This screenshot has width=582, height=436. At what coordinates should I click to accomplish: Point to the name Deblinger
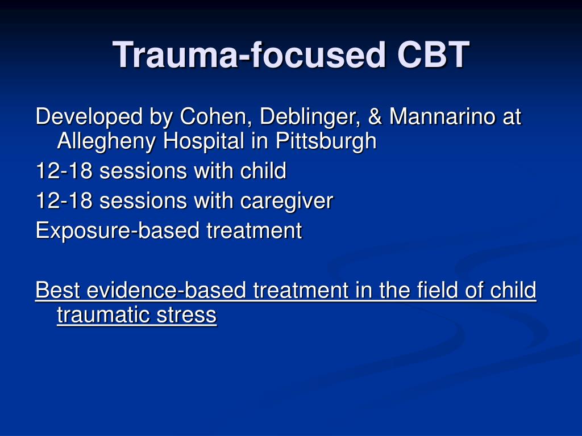tap(310, 117)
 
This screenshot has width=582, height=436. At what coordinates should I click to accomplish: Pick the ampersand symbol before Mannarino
tap(375, 116)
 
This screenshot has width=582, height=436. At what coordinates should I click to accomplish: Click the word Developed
tap(89, 117)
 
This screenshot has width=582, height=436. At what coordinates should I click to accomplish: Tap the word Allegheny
tap(106, 141)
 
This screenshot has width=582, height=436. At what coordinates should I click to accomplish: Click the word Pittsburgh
tap(326, 141)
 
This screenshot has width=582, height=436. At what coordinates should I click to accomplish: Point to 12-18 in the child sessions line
tap(64, 170)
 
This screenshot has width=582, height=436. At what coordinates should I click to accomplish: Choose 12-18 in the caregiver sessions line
tap(64, 200)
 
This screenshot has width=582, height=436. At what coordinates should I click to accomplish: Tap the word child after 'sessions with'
tap(263, 170)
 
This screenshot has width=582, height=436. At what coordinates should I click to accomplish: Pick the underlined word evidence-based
tap(167, 290)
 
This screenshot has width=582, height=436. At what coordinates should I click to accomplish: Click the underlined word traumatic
tap(103, 315)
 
